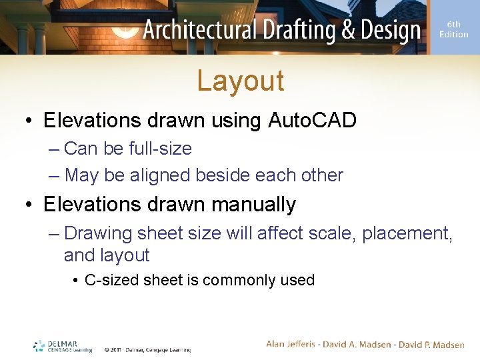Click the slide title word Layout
click(240, 81)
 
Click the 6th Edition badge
click(453, 29)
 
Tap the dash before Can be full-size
click(55, 149)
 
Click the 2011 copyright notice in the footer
click(147, 349)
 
